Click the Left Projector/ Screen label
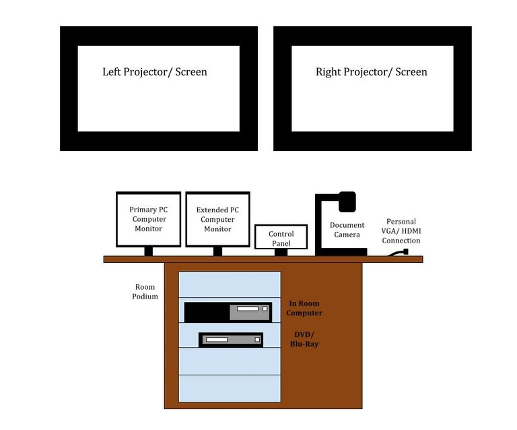(x=155, y=71)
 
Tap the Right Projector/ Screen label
(x=371, y=71)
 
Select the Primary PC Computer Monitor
(x=148, y=219)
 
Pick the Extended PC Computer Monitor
(x=217, y=219)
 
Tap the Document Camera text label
(x=347, y=230)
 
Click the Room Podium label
(x=145, y=292)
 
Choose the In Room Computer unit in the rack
(x=228, y=312)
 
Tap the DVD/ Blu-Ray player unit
(x=230, y=339)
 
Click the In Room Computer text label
(x=304, y=308)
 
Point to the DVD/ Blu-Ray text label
(x=306, y=339)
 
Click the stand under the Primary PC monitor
(x=148, y=251)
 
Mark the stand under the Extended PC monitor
(x=217, y=251)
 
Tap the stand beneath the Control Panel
(x=281, y=253)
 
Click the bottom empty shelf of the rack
(x=229, y=388)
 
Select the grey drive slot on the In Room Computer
(x=250, y=312)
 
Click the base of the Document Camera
(x=341, y=252)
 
